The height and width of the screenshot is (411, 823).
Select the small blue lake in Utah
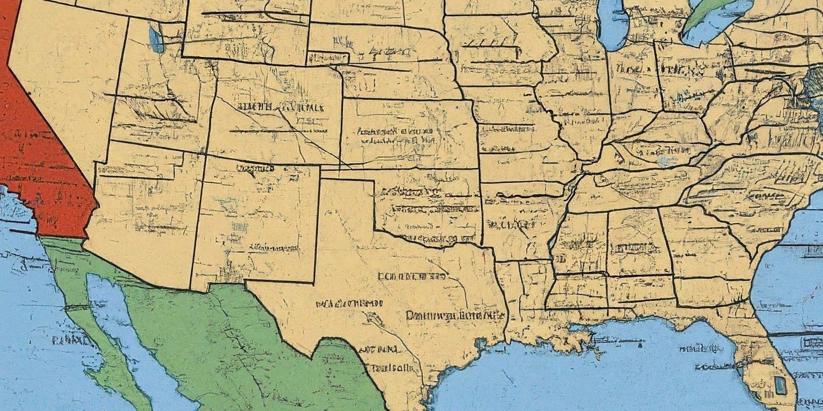click(x=156, y=39)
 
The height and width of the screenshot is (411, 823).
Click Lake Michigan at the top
click(x=612, y=24)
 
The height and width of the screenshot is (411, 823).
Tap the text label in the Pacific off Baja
click(x=70, y=339)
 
